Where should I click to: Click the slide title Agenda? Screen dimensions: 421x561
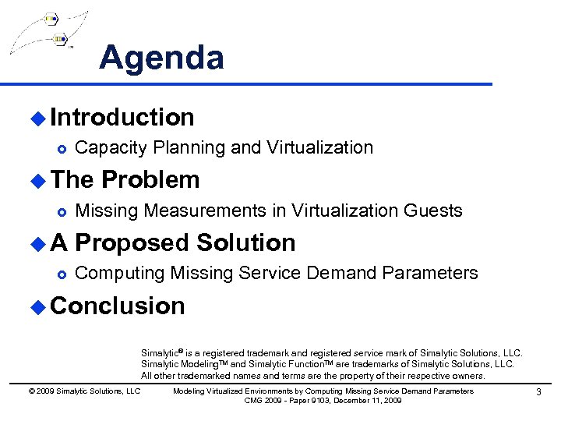click(x=161, y=58)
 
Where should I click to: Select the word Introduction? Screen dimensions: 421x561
click(x=122, y=118)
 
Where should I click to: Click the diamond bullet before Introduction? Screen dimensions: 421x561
click(x=37, y=119)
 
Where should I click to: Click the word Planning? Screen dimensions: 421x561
click(x=184, y=147)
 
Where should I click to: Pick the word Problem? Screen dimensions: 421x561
click(x=150, y=180)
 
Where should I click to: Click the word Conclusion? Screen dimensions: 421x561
click(x=117, y=306)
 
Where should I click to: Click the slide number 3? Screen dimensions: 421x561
click(x=538, y=391)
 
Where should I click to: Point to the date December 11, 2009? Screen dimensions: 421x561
click(x=367, y=400)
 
